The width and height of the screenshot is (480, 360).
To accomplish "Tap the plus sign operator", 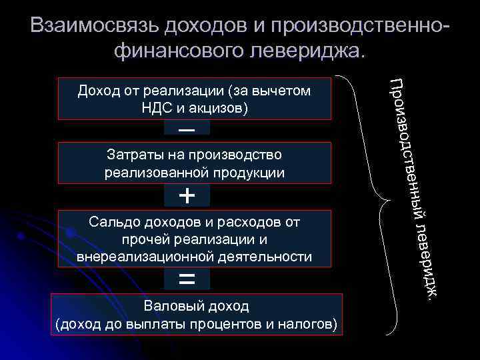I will point(187,196).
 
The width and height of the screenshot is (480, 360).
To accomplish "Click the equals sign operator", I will point(187,279).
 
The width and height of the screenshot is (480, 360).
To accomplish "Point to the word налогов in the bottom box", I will point(310,325).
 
